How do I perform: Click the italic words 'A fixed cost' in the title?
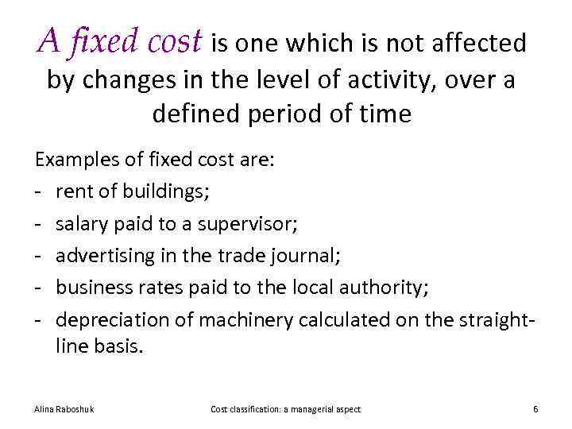[120, 41]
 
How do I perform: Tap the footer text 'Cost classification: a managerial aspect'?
[285, 409]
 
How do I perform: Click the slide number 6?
[535, 409]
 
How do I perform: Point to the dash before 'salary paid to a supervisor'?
[38, 224]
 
